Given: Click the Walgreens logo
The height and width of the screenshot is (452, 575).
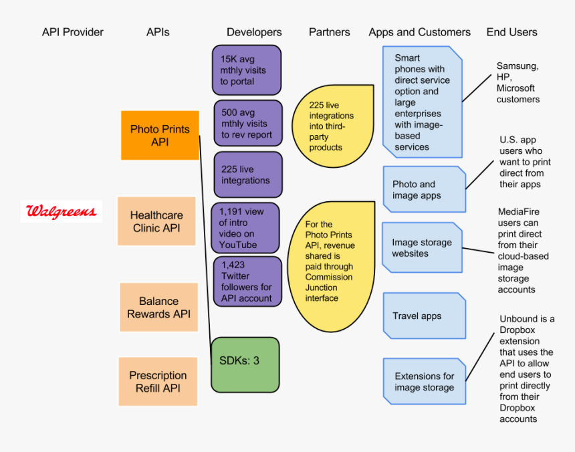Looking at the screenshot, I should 61,213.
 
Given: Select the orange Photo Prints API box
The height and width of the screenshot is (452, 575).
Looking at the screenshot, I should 160,135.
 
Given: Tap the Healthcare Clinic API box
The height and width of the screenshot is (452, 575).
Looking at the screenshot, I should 156,221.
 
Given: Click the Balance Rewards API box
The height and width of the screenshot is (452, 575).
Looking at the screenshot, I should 158,308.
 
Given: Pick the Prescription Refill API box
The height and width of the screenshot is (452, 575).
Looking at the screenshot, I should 158,382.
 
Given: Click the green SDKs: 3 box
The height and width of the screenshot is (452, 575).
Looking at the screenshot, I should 245,364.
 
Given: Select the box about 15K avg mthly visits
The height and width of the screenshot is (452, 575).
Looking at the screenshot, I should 246,70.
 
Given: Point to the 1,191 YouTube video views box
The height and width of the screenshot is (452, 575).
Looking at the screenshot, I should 245,228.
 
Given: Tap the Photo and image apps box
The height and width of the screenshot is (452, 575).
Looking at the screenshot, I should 424,189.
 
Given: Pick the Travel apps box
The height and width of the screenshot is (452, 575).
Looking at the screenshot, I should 424,316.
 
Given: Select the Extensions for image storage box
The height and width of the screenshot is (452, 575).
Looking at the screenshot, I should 424,381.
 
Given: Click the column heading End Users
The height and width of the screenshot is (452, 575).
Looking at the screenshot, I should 511,32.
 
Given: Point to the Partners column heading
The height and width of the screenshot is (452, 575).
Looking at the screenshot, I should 329,32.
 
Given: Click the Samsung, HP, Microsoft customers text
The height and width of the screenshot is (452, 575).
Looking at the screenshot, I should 517,82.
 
